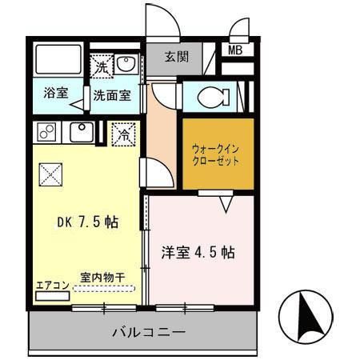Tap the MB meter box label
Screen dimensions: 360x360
point(237,50)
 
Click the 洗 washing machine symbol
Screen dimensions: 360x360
point(102,67)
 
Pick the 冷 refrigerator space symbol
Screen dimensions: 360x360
point(123,134)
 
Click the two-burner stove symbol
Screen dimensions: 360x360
point(46,132)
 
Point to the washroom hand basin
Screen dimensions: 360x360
point(127,64)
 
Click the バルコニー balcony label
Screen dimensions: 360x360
point(148,330)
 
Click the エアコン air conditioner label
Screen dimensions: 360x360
point(50,285)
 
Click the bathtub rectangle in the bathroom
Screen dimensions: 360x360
point(57,58)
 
